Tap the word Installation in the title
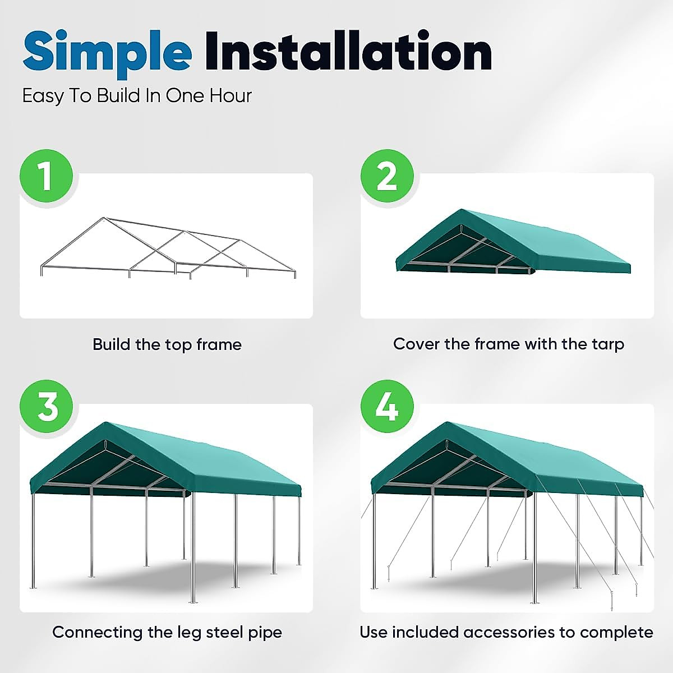pyautogui.click(x=348, y=52)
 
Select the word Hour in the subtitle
pyautogui.click(x=231, y=96)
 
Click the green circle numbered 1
pyautogui.click(x=47, y=176)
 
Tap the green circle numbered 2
pyautogui.click(x=387, y=176)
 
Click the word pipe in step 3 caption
pyautogui.click(x=265, y=633)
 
